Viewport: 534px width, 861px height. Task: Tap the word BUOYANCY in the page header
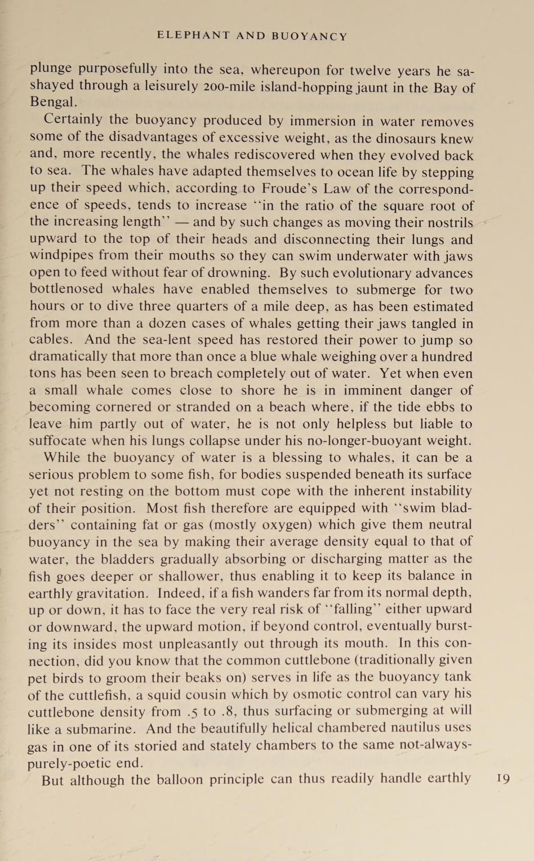309,36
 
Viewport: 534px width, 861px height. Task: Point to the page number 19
503,779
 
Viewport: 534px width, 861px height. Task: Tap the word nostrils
447,223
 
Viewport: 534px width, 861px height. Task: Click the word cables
50,340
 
